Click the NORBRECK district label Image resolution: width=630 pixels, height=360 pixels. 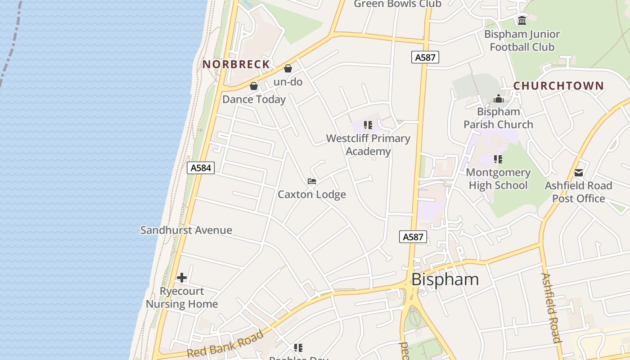point(236,64)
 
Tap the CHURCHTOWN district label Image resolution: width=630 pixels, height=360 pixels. point(558,86)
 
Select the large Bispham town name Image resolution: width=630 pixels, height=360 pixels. point(445,279)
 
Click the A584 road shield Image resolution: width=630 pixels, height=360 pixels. point(201,168)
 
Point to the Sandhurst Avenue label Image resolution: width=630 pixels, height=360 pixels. point(186,230)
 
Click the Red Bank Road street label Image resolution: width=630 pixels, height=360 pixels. point(225,345)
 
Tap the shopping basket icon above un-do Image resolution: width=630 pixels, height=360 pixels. point(288,68)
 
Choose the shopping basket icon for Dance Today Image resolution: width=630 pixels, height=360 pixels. point(254,86)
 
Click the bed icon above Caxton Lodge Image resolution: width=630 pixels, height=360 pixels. point(312,181)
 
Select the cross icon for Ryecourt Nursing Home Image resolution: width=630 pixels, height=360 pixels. point(182,278)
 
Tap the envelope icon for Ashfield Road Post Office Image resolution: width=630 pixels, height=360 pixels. point(579,173)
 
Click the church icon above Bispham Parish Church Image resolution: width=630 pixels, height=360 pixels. point(498,99)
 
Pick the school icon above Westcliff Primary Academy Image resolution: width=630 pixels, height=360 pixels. point(368,125)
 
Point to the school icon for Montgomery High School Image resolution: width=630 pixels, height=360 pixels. point(498,159)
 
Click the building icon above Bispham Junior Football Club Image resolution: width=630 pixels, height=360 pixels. point(522,21)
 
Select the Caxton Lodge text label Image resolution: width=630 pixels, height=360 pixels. point(312,194)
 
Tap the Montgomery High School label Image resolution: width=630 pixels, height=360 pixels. point(498,179)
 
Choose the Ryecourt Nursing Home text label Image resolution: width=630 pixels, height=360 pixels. point(182,297)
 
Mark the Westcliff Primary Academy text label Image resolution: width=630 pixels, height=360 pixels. point(368,145)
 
